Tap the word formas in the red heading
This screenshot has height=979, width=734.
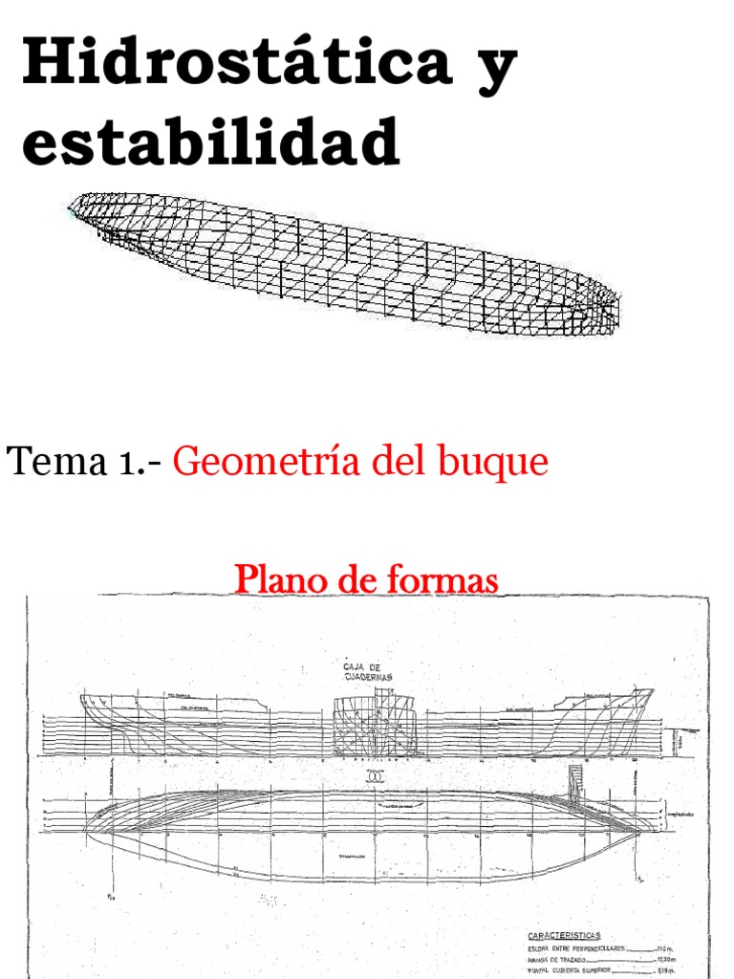(x=446, y=579)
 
